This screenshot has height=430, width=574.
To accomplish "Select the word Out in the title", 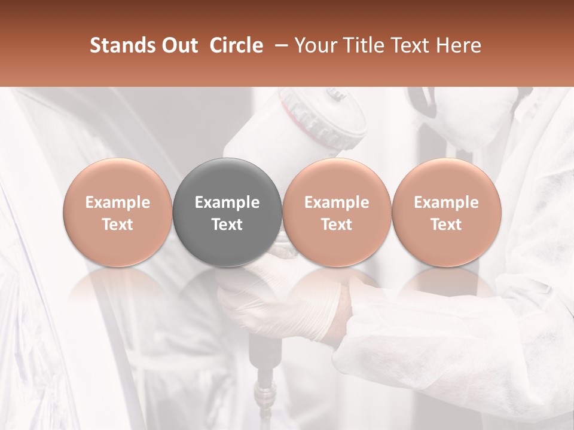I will point(179,45).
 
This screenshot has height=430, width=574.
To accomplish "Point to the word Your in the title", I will point(313,45).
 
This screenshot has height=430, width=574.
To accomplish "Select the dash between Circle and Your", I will point(279,45).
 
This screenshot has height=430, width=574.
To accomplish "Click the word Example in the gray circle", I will point(227,202).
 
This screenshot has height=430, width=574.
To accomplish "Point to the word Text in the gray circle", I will point(227,225).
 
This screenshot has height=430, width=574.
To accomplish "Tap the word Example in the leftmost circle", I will point(118,202).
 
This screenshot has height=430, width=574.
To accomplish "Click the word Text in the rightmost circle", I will point(446,225).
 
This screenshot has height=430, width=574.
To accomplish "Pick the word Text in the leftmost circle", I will point(118,225).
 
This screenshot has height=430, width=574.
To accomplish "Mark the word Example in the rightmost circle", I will point(446,202).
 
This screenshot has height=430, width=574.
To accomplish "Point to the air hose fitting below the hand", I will point(263,391).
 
